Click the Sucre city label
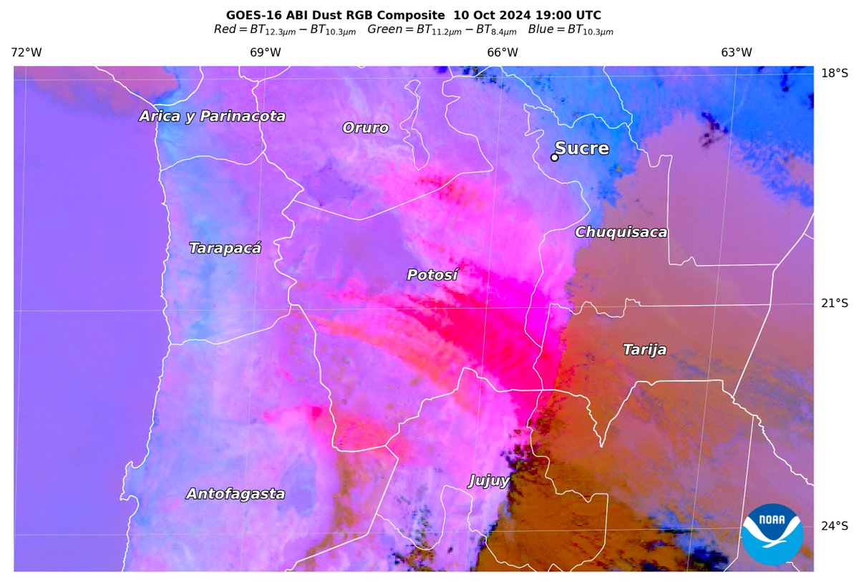coord(582,149)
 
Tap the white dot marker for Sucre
coord(554,157)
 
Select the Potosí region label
coord(432,275)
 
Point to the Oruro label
coord(365,128)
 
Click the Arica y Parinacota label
coord(213,116)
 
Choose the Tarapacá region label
coord(225,248)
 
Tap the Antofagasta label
coord(236,494)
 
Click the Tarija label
coord(644,349)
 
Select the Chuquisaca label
coord(621,232)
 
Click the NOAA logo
coord(772,534)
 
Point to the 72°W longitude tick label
coord(26,52)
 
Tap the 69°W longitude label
coord(265,52)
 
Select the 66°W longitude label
coord(503,52)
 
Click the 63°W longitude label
coord(737,52)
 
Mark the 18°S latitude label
coord(834,73)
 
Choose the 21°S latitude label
coord(834,304)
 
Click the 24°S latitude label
coord(834,526)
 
